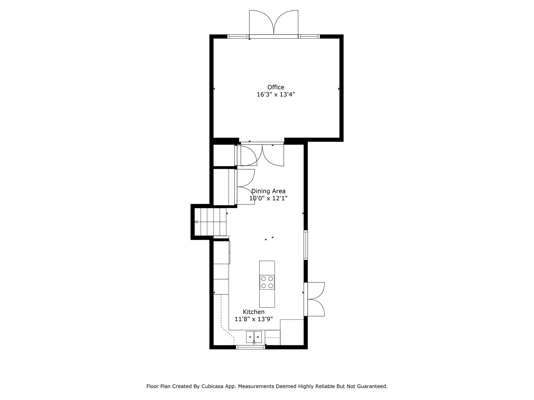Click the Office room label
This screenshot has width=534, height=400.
pyautogui.click(x=276, y=87)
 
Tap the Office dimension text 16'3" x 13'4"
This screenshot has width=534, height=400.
pyautogui.click(x=276, y=94)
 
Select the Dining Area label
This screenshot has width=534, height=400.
pyautogui.click(x=268, y=191)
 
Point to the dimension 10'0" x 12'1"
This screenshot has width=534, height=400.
pyautogui.click(x=268, y=198)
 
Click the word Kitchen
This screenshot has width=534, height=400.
pyautogui.click(x=253, y=312)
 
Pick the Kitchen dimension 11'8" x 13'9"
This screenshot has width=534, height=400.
pyautogui.click(x=253, y=319)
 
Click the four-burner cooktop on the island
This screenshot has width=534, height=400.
pyautogui.click(x=267, y=282)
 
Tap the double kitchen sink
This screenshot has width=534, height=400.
pyautogui.click(x=254, y=337)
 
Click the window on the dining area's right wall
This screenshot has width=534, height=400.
pyautogui.click(x=306, y=245)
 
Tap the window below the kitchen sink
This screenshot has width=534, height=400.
pyautogui.click(x=250, y=347)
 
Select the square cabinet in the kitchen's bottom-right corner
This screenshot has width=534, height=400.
pyautogui.click(x=292, y=332)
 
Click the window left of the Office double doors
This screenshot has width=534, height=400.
pyautogui.click(x=238, y=36)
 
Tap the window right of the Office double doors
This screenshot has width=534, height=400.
pyautogui.click(x=309, y=36)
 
